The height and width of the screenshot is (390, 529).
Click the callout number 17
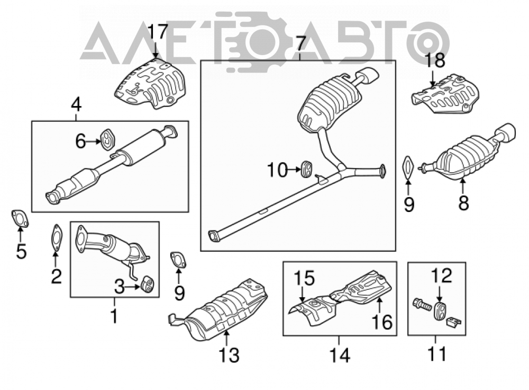pos(158,33)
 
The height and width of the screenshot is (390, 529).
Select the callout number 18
pos(434,60)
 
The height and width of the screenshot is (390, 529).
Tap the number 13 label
pos(229,355)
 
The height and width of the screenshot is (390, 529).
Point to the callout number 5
pos(21,251)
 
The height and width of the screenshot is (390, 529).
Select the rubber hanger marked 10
pos(306,169)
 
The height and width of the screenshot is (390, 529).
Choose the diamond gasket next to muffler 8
pos(408,169)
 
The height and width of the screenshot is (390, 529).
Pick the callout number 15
pos(304,278)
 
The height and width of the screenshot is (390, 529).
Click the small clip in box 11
pos(454,322)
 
